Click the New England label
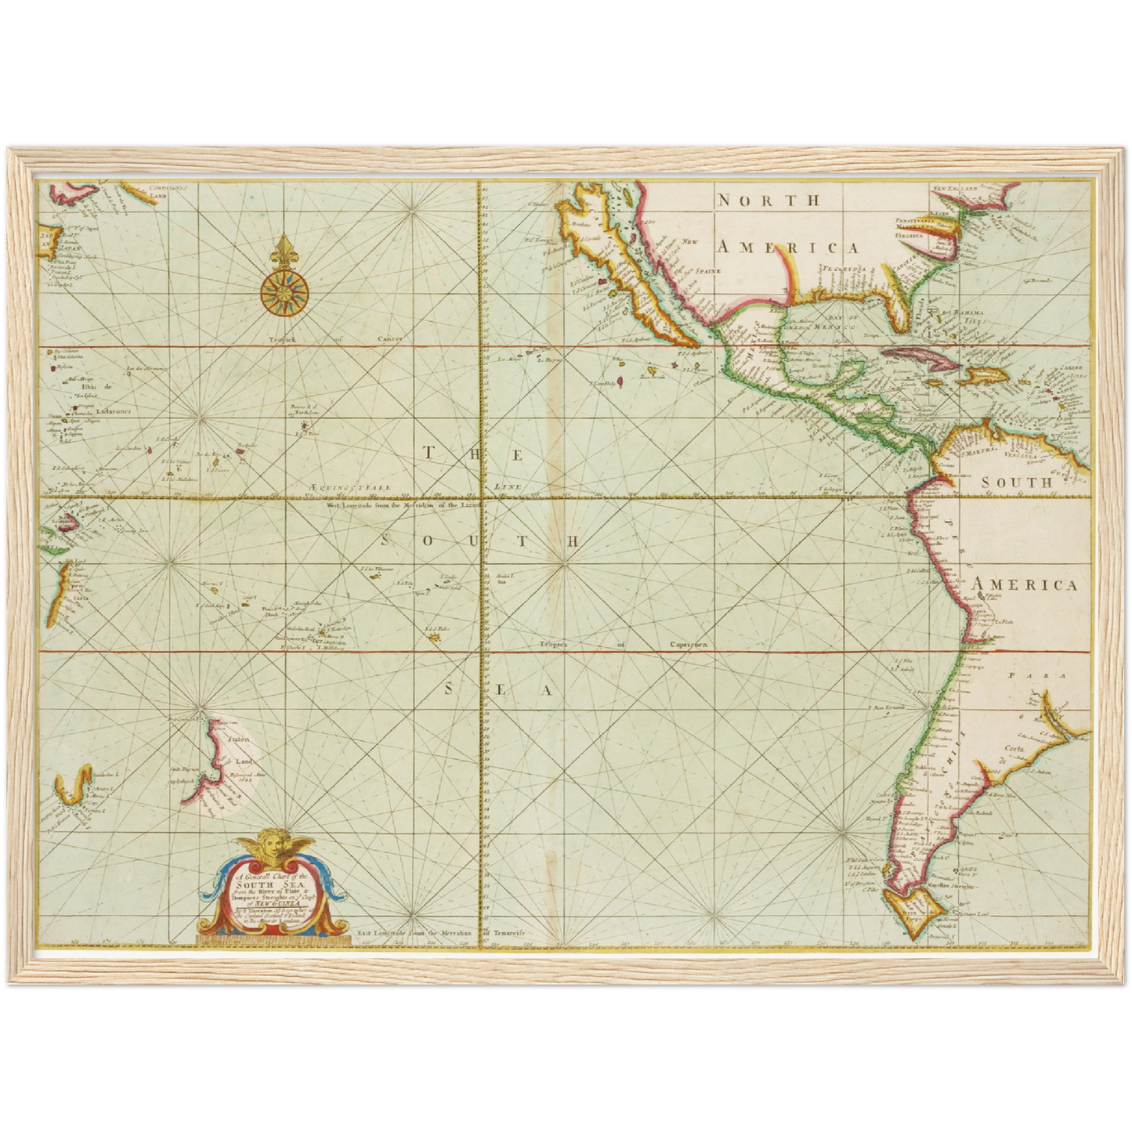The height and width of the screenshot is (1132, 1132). click(955, 190)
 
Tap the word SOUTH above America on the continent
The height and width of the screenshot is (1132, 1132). click(1017, 483)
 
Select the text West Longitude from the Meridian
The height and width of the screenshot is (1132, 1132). click(407, 506)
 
